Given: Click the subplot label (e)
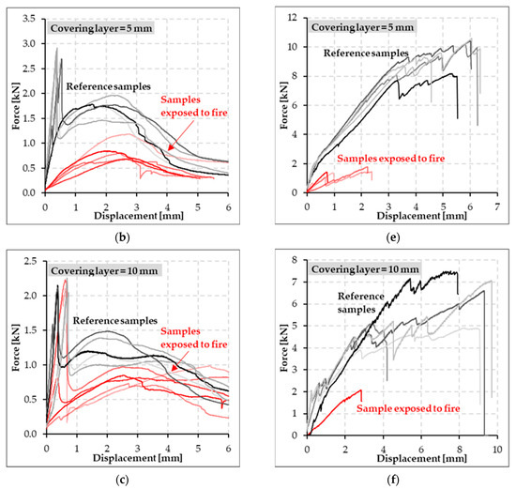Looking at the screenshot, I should [396, 228].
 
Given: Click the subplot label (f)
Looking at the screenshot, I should [396, 477].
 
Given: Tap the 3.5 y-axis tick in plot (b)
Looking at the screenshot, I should [31, 18].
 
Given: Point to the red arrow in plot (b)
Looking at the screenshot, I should [177, 138].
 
